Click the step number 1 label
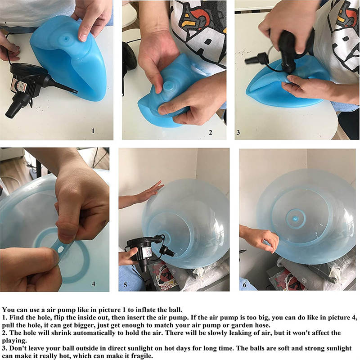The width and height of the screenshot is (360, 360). pyautogui.click(x=93, y=131)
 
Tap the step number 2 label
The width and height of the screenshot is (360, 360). pyautogui.click(x=211, y=132)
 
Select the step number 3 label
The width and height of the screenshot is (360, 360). pyautogui.click(x=238, y=132)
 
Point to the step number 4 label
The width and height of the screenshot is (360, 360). pyautogui.click(x=94, y=284)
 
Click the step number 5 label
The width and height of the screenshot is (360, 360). pyautogui.click(x=126, y=285)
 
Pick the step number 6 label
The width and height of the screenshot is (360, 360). pyautogui.click(x=244, y=285)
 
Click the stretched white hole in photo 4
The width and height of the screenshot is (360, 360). pyautogui.click(x=61, y=249)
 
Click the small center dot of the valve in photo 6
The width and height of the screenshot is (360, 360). pyautogui.click(x=296, y=219)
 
